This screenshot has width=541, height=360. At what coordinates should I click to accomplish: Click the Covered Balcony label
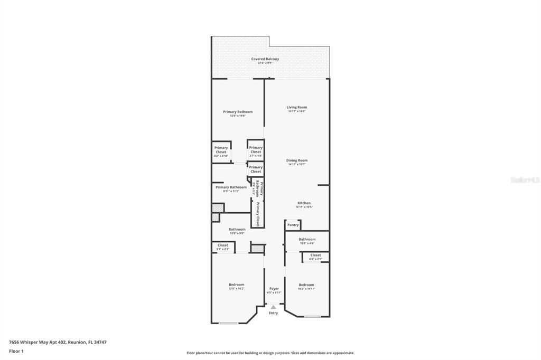click(x=265, y=59)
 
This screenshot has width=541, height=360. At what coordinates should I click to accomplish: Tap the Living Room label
click(x=296, y=107)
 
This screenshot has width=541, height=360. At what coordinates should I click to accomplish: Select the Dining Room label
click(x=296, y=160)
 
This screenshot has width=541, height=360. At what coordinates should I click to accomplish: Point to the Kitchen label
click(x=304, y=203)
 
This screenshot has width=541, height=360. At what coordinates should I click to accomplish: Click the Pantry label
click(x=293, y=225)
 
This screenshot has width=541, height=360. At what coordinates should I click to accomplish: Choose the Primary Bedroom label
click(x=237, y=112)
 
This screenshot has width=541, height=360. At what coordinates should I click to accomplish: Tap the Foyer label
click(x=274, y=289)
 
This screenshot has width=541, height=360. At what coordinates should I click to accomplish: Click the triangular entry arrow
click(x=273, y=307)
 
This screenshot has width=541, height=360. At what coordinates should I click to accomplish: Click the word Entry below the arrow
click(x=273, y=313)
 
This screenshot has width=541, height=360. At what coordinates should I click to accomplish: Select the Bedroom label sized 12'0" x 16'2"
click(x=236, y=285)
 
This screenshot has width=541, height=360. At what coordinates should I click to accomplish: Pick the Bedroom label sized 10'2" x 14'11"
click(x=306, y=285)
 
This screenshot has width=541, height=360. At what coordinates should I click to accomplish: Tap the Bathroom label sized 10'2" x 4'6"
click(x=307, y=240)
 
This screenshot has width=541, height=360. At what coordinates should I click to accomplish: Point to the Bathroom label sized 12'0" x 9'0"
click(x=237, y=230)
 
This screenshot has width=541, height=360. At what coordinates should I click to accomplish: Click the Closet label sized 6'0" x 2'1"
click(x=315, y=255)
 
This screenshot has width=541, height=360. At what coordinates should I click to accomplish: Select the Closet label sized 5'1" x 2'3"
click(x=223, y=245)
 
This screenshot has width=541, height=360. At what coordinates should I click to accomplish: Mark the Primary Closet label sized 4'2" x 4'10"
click(x=221, y=150)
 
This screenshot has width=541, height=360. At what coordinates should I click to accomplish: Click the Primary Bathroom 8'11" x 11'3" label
click(x=231, y=187)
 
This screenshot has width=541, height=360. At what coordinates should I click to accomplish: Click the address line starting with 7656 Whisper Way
click(x=58, y=342)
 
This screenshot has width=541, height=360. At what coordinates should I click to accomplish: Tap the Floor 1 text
click(x=16, y=351)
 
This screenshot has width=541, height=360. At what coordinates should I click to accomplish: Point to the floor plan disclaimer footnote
click(x=270, y=353)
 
